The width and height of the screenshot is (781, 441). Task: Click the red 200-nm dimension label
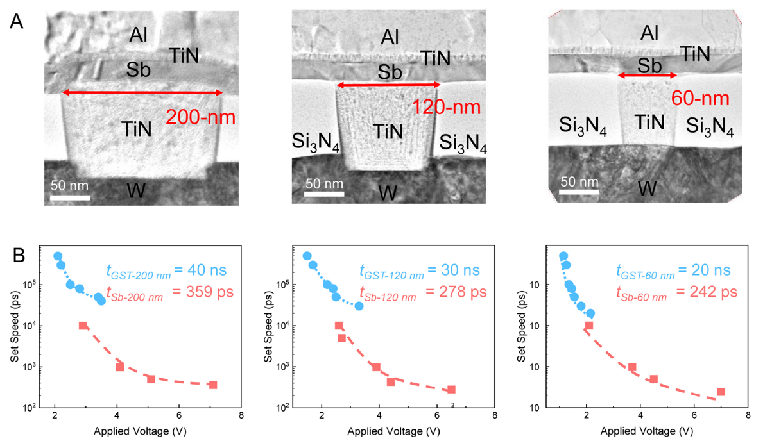[200, 117]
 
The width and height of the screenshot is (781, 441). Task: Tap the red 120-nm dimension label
[446, 107]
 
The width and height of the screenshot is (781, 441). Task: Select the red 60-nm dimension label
[700, 98]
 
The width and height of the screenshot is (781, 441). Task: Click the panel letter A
[17, 22]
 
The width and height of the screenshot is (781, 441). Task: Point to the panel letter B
[19, 255]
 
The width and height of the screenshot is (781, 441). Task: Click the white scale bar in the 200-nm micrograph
[70, 198]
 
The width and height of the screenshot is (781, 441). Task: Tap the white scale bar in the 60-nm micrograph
[579, 192]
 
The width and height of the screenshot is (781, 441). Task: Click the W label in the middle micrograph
[388, 193]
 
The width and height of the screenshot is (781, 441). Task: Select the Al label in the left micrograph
[138, 35]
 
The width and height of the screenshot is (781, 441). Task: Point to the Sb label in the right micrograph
[649, 65]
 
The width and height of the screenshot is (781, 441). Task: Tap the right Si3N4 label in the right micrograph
[710, 126]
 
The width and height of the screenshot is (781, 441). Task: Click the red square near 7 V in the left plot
[213, 385]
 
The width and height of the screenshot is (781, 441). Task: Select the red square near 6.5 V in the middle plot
[452, 390]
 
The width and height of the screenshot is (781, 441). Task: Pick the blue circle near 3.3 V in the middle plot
[359, 306]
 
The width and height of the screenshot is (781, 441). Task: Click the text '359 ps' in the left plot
[210, 292]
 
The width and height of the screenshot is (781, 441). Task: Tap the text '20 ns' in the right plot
[711, 270]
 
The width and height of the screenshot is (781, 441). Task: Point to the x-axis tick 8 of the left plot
[241, 415]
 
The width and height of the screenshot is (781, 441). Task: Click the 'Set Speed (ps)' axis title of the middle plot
[268, 326]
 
